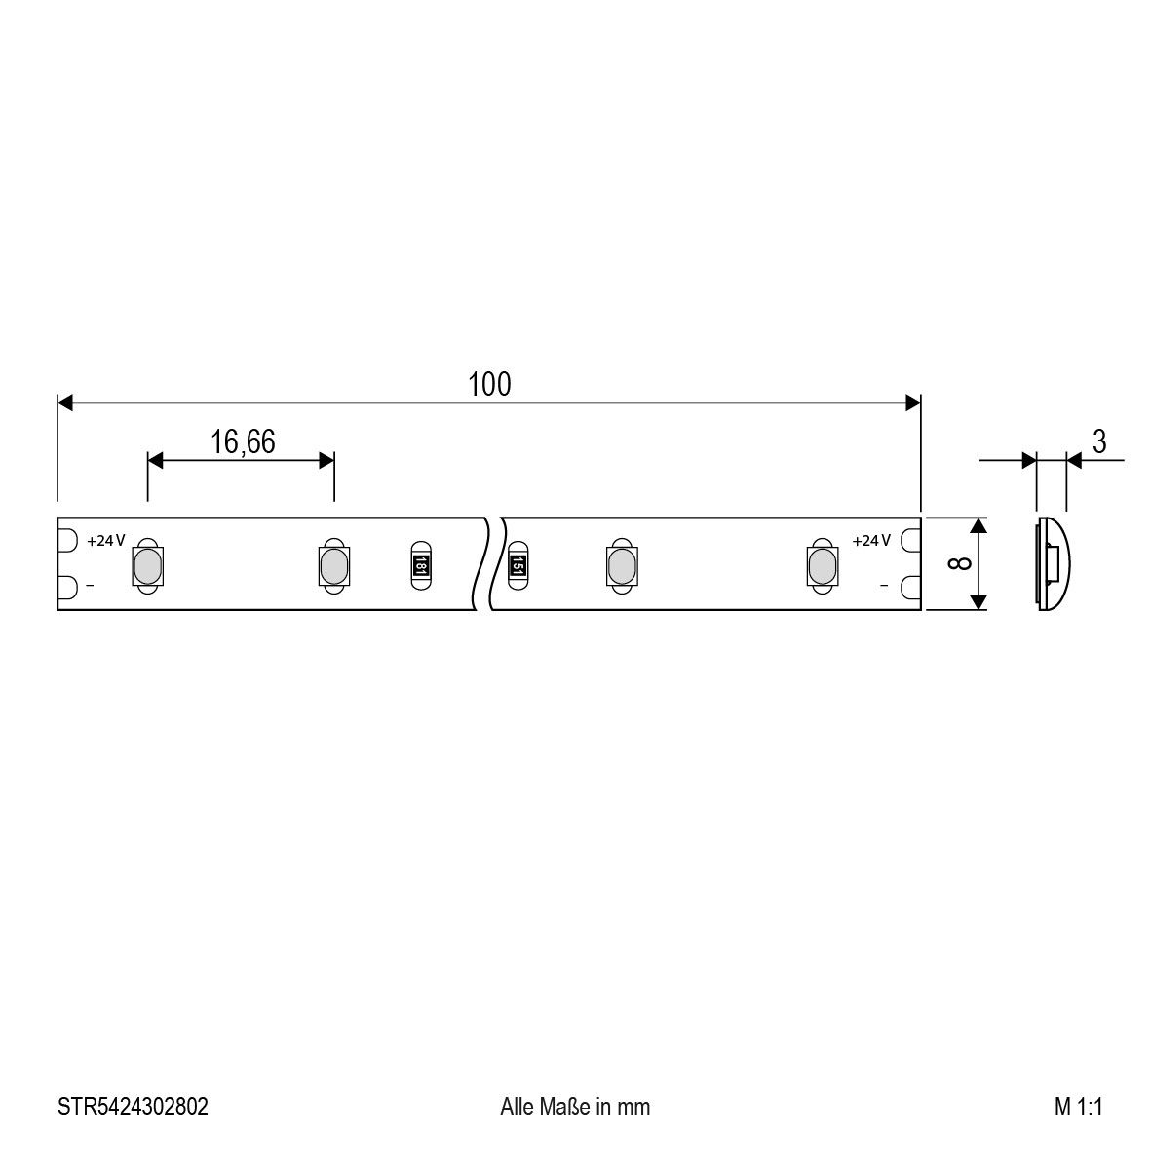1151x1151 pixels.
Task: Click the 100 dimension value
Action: click(488, 385)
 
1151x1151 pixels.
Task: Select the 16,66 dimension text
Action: click(243, 441)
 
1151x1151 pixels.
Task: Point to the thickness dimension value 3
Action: click(1098, 441)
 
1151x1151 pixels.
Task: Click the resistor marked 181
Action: click(419, 563)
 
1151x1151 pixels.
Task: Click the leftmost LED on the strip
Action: click(146, 565)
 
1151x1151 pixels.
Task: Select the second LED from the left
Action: click(332, 565)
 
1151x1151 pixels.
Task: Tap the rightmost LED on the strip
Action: click(821, 565)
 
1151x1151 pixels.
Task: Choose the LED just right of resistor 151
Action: click(620, 565)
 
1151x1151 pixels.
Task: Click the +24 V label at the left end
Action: click(106, 540)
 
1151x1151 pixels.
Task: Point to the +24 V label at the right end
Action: click(871, 540)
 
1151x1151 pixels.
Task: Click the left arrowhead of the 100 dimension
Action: click(65, 403)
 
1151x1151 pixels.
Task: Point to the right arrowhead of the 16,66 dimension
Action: click(327, 459)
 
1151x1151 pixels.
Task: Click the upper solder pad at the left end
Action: click(67, 539)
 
